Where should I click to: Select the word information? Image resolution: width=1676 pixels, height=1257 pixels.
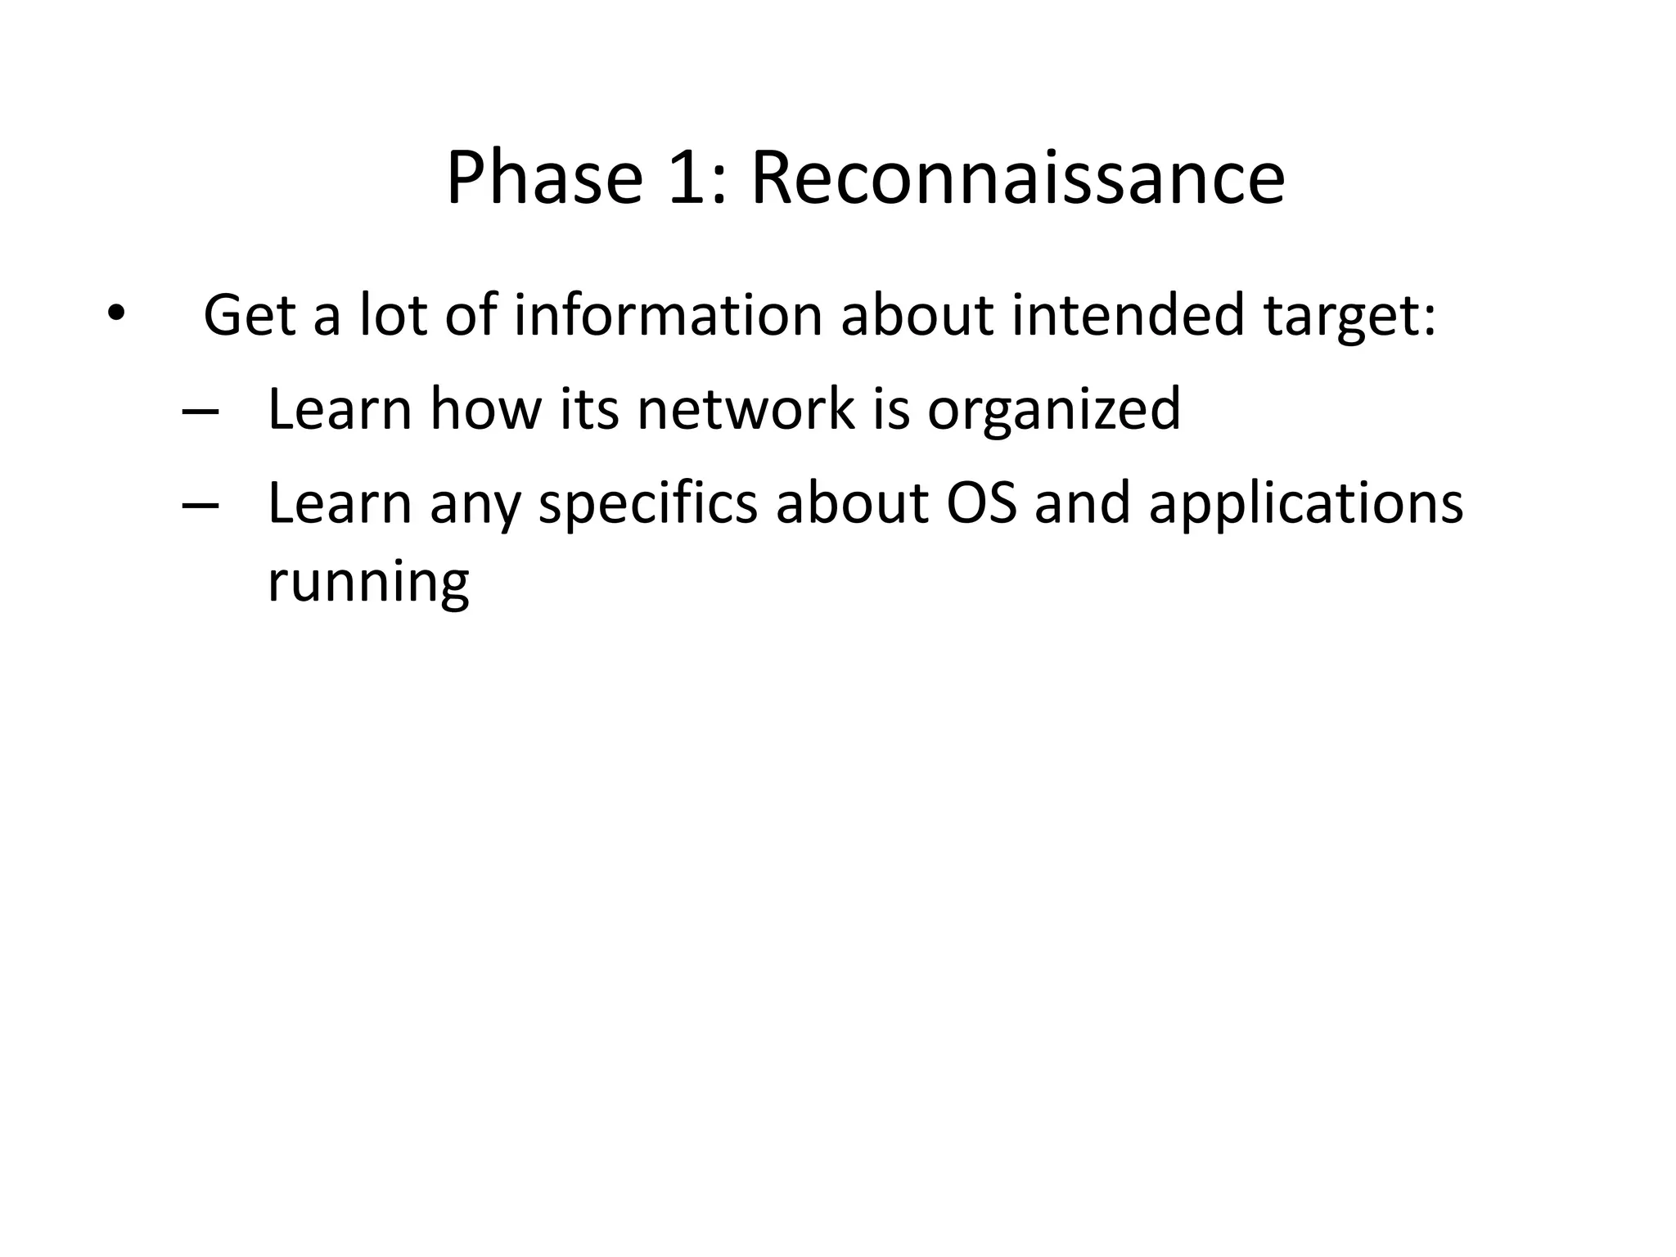pyautogui.click(x=667, y=315)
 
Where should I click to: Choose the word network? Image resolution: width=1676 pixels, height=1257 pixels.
pyautogui.click(x=746, y=408)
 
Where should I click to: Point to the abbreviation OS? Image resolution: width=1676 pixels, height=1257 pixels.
pyautogui.click(x=981, y=502)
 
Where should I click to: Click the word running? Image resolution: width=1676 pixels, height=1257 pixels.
pyautogui.click(x=368, y=583)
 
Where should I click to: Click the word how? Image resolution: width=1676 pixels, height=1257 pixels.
pyautogui.click(x=485, y=408)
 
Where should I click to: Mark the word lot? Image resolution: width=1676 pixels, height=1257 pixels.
pyautogui.click(x=394, y=315)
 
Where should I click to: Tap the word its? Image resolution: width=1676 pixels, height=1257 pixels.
pyautogui.click(x=589, y=408)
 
